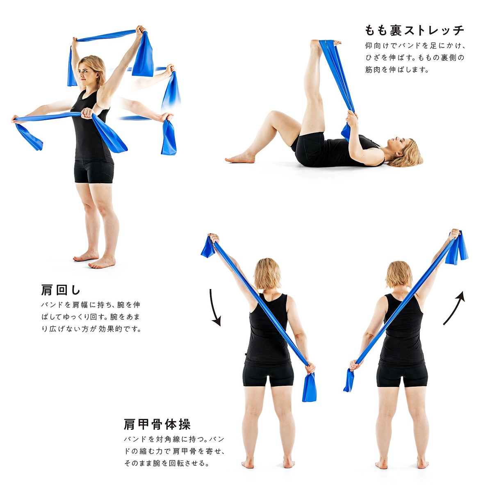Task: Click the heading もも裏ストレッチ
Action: point(415,31)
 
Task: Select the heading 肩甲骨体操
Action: point(157,424)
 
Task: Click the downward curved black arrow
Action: point(215,307)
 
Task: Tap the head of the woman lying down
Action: point(404,152)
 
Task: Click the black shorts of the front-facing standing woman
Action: point(94,172)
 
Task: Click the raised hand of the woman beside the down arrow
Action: point(214,238)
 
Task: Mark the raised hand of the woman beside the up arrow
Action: point(454,234)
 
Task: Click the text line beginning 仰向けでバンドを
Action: point(415,46)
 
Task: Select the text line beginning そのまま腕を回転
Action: point(167,463)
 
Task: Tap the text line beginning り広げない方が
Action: point(91,329)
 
